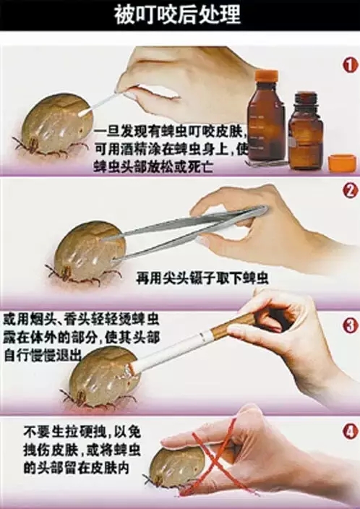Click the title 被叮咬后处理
[x=178, y=14]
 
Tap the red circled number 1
[x=351, y=66]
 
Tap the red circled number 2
[x=351, y=191]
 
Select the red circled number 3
[x=351, y=325]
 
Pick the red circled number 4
[x=351, y=432]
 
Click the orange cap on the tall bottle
[x=266, y=76]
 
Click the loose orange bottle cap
[x=342, y=163]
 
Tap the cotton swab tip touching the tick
[x=85, y=111]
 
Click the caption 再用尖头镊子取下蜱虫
[x=202, y=278]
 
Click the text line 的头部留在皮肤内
[x=76, y=468]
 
